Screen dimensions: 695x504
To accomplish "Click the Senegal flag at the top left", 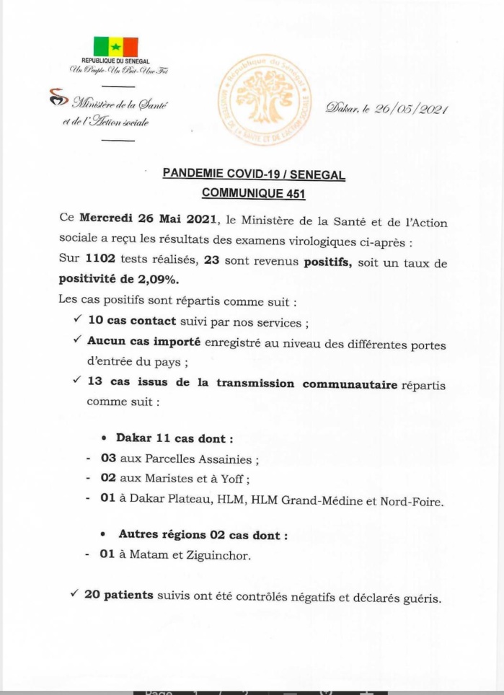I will pyautogui.click(x=115, y=47).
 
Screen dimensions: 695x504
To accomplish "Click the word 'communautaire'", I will pyautogui.click(x=350, y=384).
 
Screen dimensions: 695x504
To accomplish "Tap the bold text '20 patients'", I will pyautogui.click(x=118, y=595).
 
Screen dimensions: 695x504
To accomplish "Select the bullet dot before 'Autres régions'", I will pyautogui.click(x=103, y=535).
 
